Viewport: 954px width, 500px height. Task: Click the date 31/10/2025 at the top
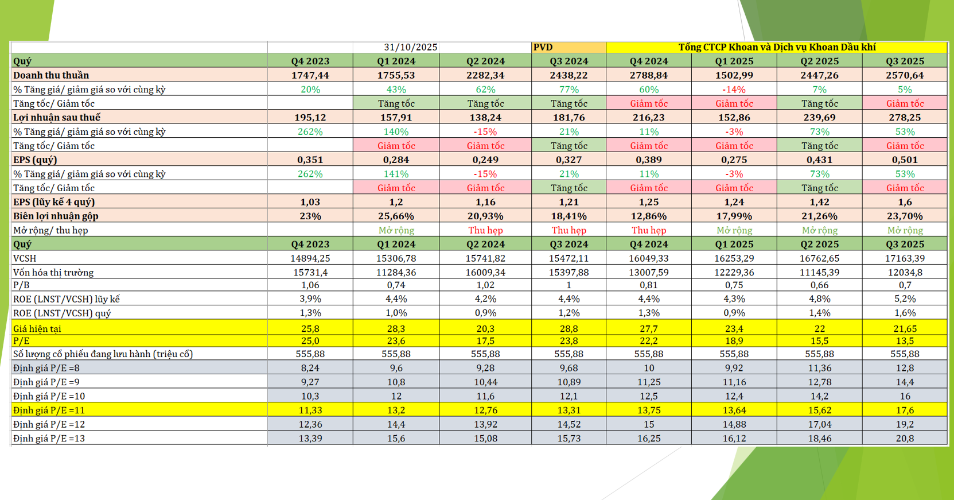click(410, 47)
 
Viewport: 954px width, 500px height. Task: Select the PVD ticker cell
click(543, 47)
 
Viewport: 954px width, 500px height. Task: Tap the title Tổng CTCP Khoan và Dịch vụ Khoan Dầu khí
click(777, 47)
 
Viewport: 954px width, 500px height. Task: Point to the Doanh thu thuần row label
click(51, 75)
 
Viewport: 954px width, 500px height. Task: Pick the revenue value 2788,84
click(648, 75)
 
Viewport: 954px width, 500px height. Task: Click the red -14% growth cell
click(734, 90)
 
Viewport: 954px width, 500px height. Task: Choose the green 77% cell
click(568, 90)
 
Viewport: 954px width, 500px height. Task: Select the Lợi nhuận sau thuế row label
click(57, 117)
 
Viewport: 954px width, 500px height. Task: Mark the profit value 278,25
click(905, 117)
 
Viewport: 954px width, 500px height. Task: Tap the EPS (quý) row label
click(35, 160)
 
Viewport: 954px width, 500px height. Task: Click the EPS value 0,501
click(905, 160)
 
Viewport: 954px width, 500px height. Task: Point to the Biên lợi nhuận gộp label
click(56, 216)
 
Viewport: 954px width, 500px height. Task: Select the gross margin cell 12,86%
click(648, 216)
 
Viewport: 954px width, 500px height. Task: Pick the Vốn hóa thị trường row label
click(53, 272)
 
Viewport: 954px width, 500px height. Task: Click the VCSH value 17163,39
click(905, 258)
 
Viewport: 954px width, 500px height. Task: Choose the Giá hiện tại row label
click(37, 328)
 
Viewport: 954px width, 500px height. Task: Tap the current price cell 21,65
click(905, 328)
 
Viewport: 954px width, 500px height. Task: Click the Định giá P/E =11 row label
click(49, 410)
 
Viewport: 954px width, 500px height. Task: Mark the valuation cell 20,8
click(905, 438)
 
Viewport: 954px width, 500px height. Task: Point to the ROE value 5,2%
click(905, 299)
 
